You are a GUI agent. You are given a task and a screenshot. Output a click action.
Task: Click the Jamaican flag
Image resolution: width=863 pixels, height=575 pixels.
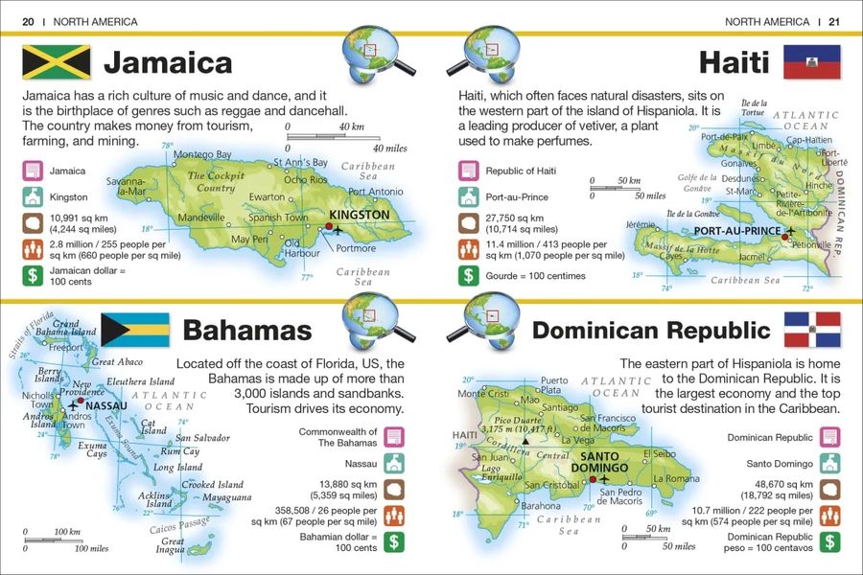[x=56, y=62]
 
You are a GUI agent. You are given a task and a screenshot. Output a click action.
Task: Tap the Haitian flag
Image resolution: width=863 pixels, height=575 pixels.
[x=812, y=62]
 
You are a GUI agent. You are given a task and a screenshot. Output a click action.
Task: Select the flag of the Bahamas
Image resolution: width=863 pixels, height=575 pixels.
[x=135, y=330]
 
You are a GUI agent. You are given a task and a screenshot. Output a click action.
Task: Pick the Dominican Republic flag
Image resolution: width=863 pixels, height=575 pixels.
[x=812, y=330]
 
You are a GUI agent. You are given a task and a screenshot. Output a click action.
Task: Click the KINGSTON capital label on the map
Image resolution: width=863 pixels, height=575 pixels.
[x=359, y=215]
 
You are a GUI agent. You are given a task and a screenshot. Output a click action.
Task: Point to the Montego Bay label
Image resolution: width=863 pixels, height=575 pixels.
[x=203, y=154]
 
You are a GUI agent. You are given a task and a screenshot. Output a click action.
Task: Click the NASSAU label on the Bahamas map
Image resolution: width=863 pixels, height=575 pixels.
[x=106, y=405]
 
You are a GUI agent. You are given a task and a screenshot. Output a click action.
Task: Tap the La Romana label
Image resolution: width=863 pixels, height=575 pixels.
[x=672, y=477]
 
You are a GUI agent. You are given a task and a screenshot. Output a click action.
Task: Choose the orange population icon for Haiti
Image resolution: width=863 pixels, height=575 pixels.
[x=469, y=249]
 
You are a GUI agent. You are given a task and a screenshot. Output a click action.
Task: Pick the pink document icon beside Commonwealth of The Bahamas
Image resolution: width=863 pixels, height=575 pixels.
[x=392, y=437]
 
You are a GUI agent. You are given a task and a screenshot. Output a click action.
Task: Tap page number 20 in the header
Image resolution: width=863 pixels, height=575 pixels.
[x=28, y=21]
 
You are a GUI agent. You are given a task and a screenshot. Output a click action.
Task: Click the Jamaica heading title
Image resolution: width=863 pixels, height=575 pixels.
[x=168, y=63]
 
